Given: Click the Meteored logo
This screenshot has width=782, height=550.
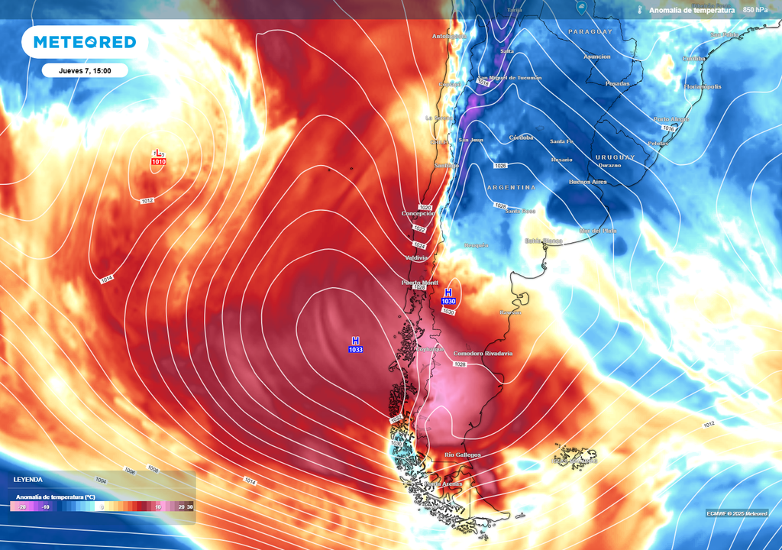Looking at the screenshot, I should (79, 42).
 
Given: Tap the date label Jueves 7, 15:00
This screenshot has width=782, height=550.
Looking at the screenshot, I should (86, 70).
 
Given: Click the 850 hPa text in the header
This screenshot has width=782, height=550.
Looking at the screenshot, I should (755, 10).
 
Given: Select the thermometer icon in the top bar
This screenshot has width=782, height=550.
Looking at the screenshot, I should (638, 10).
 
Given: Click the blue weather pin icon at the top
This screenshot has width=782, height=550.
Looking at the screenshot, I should (582, 9).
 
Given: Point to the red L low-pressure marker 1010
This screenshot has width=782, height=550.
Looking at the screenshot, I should (158, 158).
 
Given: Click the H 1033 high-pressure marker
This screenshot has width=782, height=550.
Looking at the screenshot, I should (355, 345).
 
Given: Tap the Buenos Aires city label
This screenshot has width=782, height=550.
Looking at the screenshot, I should (587, 182).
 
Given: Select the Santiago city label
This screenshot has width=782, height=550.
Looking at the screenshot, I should (445, 166).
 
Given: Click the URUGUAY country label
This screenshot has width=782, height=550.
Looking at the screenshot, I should (614, 157).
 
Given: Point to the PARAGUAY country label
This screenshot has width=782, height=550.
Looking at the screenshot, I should (590, 31).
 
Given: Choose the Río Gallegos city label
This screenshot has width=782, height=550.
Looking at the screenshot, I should (462, 455).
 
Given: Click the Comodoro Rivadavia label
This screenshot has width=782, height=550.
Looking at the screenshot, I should (483, 354).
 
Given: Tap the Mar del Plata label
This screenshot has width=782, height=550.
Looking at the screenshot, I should (598, 230).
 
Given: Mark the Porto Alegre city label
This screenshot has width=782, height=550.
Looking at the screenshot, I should (671, 119).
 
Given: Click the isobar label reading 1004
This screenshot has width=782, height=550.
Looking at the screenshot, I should (101, 480).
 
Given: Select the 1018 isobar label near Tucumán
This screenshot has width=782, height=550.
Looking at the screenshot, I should (483, 83).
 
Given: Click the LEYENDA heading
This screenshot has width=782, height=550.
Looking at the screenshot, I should (27, 480).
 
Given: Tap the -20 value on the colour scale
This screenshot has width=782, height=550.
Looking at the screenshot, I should (22, 506).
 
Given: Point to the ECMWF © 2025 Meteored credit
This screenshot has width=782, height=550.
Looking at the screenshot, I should (736, 513).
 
